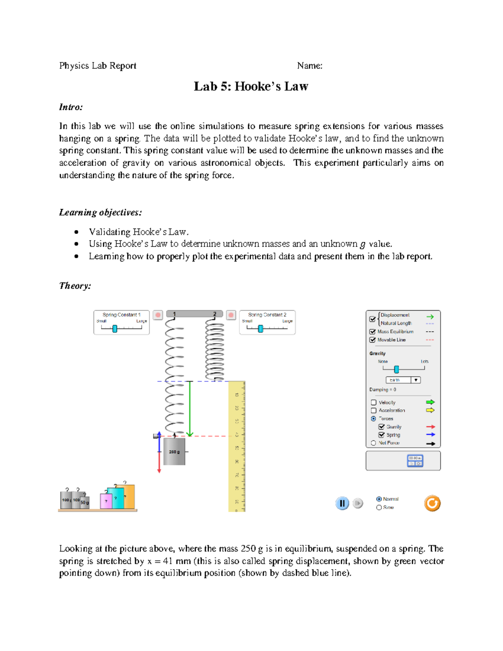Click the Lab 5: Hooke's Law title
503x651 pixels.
coord(251,86)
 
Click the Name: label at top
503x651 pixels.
coord(309,66)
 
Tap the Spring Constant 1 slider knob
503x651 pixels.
coord(114,329)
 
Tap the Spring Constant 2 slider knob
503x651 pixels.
coord(260,329)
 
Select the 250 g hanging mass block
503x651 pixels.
coord(174,451)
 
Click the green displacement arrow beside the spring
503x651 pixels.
coord(190,409)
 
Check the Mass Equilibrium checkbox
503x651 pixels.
coord(372,332)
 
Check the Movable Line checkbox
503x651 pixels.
coord(372,340)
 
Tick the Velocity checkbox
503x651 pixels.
coord(373,402)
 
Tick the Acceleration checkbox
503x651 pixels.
coord(373,410)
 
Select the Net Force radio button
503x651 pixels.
coord(373,443)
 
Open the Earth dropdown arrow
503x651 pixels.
coord(415,380)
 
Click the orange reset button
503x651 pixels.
coord(432,503)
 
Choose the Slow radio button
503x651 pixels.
coord(379,507)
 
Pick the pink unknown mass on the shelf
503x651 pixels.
coord(106,501)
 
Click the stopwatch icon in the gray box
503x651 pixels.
coord(415,461)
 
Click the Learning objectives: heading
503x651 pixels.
coord(100,213)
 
